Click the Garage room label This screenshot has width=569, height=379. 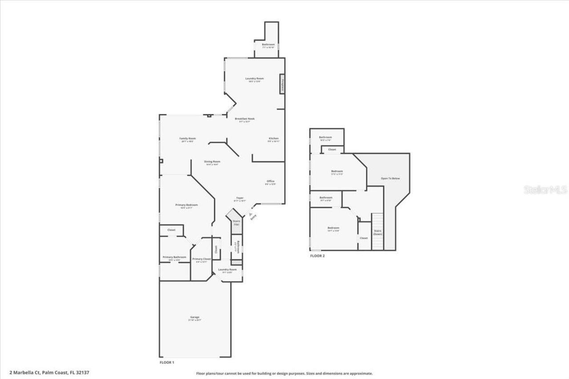(194, 317)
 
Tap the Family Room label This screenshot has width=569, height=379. (188, 139)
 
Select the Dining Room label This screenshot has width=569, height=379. (212, 162)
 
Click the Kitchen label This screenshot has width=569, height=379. (273, 139)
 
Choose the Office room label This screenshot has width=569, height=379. (270, 181)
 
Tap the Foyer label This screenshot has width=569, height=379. (240, 198)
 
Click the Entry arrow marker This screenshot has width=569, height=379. (250, 214)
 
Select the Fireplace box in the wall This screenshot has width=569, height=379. (282, 84)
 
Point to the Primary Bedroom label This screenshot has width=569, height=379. (186, 205)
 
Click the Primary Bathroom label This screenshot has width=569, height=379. (174, 257)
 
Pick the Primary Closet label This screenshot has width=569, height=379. (201, 259)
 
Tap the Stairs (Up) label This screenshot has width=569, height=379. (236, 222)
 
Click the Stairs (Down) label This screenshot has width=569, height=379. (377, 232)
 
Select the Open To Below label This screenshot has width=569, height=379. (390, 179)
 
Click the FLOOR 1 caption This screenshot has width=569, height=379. (167, 363)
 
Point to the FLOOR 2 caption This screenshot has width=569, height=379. (317, 256)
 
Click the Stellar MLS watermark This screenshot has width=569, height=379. (545, 190)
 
